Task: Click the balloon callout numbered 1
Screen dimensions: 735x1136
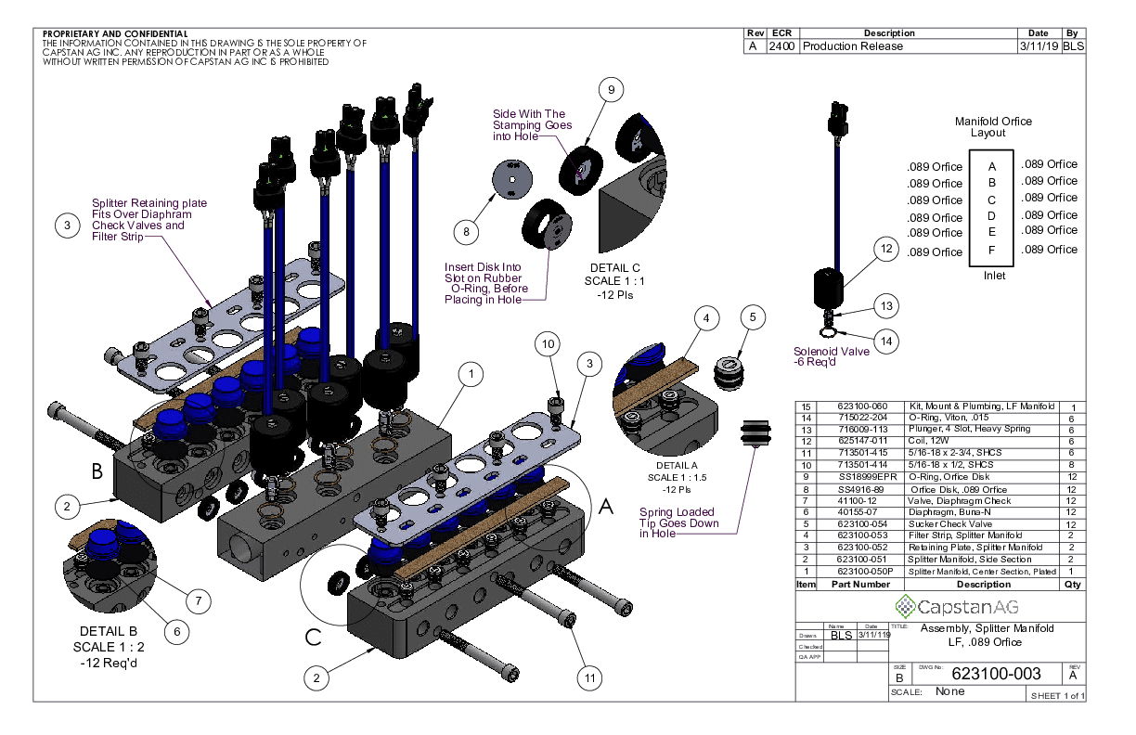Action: [x=473, y=374]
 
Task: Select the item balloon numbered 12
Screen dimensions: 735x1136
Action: [x=886, y=249]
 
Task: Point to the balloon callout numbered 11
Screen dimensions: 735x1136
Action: [x=586, y=678]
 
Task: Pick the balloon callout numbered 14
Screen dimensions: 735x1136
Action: [x=886, y=341]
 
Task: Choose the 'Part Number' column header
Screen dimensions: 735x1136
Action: [x=860, y=585]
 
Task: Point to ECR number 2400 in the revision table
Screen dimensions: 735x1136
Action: [x=781, y=46]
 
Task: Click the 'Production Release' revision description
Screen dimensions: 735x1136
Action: [x=852, y=46]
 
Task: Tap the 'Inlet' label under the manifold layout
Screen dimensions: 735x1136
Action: [x=993, y=276]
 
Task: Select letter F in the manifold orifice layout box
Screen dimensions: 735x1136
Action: [x=992, y=251]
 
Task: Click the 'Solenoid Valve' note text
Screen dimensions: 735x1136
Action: [x=832, y=352]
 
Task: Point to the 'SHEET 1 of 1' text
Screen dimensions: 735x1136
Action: [x=1056, y=696]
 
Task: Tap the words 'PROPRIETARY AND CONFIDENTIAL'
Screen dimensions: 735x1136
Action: [x=115, y=34]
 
